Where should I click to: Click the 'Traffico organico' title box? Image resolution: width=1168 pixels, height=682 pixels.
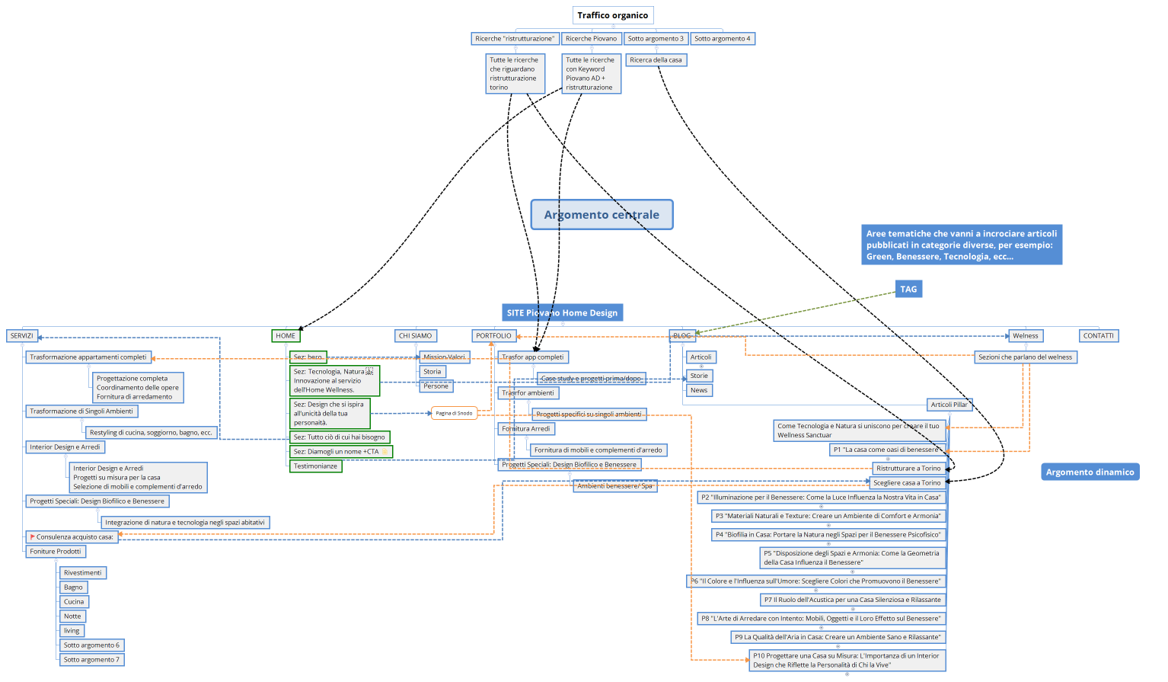pos(613,15)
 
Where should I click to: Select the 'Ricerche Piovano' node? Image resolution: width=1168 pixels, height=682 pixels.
pos(591,39)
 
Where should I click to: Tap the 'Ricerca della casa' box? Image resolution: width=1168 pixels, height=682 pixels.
pos(656,60)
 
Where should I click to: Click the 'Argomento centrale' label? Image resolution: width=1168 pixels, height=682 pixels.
pos(602,215)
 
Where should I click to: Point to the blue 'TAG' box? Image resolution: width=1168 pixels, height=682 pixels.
pos(908,290)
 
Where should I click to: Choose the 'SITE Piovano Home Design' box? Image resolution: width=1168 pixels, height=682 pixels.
pos(562,312)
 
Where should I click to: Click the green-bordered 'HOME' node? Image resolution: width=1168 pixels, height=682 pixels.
pos(286,336)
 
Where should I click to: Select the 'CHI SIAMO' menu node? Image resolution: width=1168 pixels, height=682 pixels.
pos(416,336)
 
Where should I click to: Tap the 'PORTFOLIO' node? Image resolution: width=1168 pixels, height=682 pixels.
pos(493,336)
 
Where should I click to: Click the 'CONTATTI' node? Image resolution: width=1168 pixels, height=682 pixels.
pos(1098,336)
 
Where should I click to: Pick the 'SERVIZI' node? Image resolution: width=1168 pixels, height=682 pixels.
pos(21,336)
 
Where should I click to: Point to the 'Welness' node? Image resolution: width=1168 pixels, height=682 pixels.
pos(1025,336)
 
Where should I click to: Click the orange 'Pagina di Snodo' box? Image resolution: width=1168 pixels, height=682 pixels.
pos(454,413)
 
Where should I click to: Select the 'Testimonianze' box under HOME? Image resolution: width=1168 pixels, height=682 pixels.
pos(315,466)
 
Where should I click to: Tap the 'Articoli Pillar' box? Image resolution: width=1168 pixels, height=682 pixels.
pos(949,405)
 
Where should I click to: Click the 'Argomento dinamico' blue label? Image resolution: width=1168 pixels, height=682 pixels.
pos(1090,472)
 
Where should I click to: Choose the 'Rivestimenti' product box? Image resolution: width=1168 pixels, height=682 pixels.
pos(82,573)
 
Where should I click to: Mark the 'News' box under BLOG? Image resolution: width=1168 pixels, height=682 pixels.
pos(699,391)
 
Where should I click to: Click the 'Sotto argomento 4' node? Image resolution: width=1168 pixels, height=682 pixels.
pos(722,39)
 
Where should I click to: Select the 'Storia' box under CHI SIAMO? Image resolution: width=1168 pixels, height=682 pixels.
pos(432,372)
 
